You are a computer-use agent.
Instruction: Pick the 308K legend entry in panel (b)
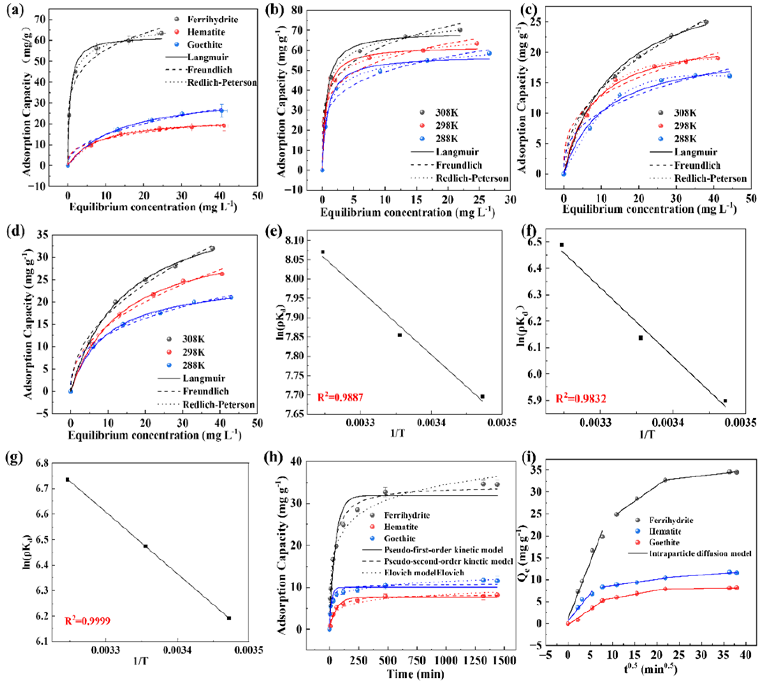point(447,113)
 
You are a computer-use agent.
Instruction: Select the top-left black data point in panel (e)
point(323,252)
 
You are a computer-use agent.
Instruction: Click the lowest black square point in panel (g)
point(229,618)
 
